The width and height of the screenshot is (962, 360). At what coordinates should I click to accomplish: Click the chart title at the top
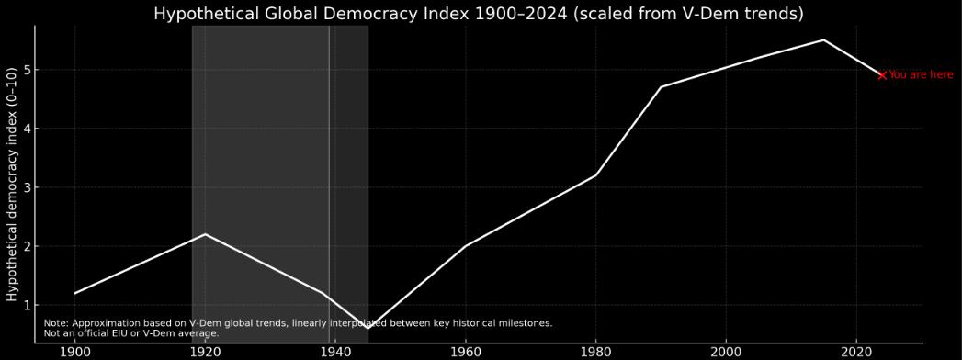(x=478, y=14)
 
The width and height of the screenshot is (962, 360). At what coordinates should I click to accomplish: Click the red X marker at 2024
(x=882, y=75)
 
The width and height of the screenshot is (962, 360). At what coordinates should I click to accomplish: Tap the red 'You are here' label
(x=921, y=75)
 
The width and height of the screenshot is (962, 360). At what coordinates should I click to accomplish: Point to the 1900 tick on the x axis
(x=75, y=351)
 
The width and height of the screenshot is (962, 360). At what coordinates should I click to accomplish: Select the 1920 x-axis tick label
(x=205, y=351)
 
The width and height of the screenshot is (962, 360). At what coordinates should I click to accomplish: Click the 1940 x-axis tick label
(x=335, y=351)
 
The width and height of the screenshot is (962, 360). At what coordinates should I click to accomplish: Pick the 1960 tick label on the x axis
(x=466, y=351)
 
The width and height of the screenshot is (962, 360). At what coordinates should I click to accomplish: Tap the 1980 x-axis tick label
(x=595, y=351)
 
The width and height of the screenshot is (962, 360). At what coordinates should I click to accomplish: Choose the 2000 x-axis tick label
(x=726, y=351)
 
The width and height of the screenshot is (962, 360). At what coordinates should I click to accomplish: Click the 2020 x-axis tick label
(x=856, y=351)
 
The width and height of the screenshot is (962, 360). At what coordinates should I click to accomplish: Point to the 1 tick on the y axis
(x=28, y=305)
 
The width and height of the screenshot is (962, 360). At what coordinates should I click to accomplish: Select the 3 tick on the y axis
(x=28, y=187)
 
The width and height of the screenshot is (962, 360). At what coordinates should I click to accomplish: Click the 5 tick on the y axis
(x=28, y=70)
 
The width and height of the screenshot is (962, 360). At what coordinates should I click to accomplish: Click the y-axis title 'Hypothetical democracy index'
(x=12, y=184)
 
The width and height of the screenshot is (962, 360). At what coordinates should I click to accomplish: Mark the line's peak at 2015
(x=823, y=39)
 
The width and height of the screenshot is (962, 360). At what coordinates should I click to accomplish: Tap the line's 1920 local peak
(x=205, y=234)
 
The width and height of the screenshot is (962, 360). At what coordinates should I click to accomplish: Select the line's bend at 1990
(x=661, y=87)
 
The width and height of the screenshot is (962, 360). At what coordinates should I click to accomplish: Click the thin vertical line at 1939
(x=329, y=138)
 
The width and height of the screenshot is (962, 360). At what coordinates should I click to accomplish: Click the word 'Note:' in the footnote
(x=56, y=323)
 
